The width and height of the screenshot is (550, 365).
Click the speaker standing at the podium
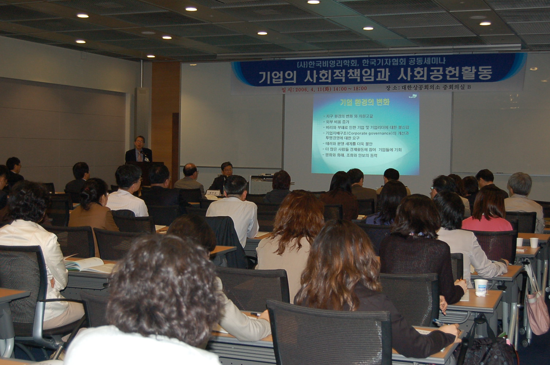click(x=139, y=150)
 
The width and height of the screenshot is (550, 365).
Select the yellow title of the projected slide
click(x=365, y=103)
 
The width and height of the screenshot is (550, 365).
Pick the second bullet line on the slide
click(x=336, y=122)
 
